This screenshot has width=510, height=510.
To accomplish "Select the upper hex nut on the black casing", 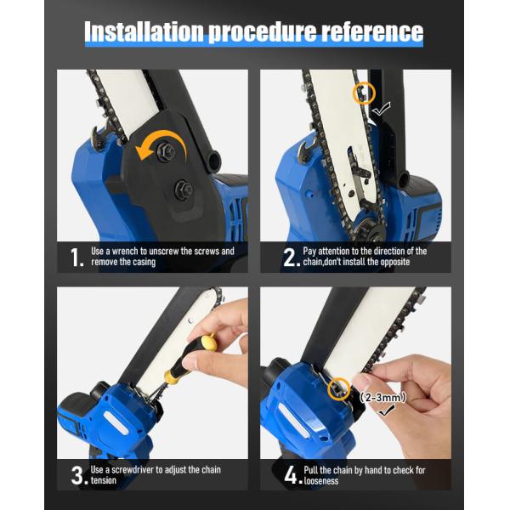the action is coord(165,150).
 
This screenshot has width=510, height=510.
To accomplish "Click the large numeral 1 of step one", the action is coord(76,258).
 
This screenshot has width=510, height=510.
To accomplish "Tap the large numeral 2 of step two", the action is coord(291,258).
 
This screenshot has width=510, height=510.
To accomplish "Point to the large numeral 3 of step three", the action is coord(79,475).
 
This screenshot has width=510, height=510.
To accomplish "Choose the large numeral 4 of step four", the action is coord(292,475).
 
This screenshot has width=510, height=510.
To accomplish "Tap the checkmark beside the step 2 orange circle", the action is coord(381,109).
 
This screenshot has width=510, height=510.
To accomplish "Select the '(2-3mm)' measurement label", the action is coord(383,398).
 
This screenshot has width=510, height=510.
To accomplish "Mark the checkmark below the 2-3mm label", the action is coord(386,411).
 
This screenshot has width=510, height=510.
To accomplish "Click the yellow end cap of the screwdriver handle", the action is coord(208,343).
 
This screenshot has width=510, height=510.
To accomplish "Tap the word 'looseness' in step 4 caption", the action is coord(321,481).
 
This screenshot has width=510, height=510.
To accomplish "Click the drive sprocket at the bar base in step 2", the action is coord(366,229).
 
